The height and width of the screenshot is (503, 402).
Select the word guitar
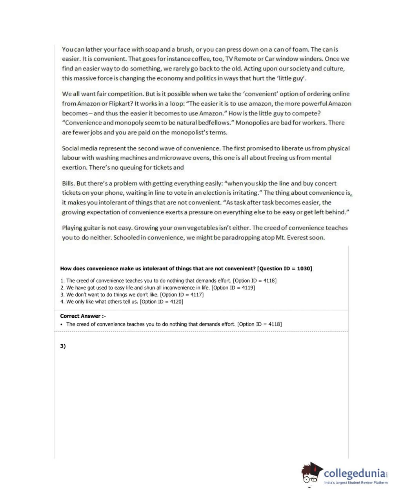click(x=91, y=228)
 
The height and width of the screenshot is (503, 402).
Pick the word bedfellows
click(x=211, y=123)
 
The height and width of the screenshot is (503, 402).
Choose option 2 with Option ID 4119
click(x=157, y=288)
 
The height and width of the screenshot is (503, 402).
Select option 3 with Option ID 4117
click(x=132, y=295)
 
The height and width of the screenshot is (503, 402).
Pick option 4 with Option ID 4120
click(x=122, y=302)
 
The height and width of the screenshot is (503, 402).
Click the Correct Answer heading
click(x=83, y=316)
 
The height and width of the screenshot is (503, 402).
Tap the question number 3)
click(x=63, y=346)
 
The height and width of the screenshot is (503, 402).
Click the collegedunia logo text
click(x=355, y=473)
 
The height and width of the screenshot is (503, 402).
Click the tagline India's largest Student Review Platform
click(x=355, y=483)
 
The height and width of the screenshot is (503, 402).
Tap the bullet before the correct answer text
click(x=62, y=324)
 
